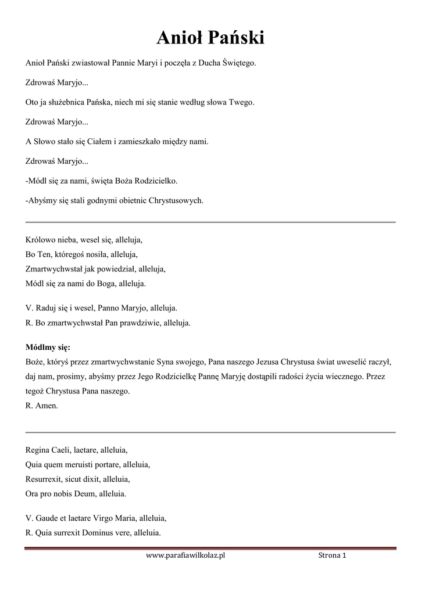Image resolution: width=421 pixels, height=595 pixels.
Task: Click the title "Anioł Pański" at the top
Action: [x=211, y=38]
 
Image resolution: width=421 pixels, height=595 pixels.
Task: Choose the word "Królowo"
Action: [x=40, y=239]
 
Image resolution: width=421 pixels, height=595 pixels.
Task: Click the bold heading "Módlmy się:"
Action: [x=48, y=347]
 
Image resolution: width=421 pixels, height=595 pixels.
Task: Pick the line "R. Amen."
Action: [x=42, y=406]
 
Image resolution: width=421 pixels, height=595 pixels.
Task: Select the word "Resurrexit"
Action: [x=44, y=479]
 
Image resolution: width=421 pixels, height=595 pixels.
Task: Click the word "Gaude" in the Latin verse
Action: [x=48, y=518]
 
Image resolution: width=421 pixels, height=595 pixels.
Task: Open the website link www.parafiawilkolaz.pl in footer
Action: [x=185, y=556]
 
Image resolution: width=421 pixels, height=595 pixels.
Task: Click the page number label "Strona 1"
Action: [x=332, y=556]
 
